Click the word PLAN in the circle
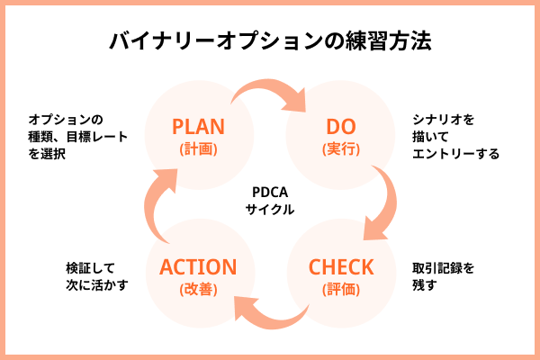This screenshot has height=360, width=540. [198, 125]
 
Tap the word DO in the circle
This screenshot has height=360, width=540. [340, 125]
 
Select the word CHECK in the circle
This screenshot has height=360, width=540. [340, 267]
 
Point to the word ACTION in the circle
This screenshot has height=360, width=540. [198, 267]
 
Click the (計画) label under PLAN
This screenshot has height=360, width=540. [198, 148]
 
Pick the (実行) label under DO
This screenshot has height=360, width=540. [340, 148]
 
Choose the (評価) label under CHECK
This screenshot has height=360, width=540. [340, 290]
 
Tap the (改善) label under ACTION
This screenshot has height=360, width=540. [198, 290]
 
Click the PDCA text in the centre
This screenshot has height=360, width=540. [270, 191]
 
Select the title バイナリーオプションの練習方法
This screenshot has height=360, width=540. [270, 41]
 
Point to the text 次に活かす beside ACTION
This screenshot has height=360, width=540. [97, 285]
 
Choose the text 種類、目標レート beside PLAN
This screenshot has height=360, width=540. [77, 137]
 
